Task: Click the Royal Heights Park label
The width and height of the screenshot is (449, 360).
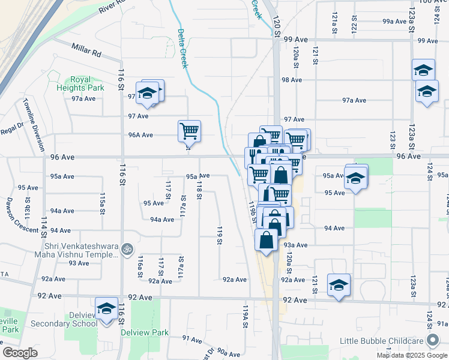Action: pyautogui.click(x=88, y=83)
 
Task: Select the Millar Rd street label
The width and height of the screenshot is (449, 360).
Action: pyautogui.click(x=86, y=50)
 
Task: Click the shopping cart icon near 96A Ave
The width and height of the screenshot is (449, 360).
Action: pyautogui.click(x=189, y=130)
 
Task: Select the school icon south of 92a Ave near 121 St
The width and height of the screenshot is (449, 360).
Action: pyautogui.click(x=339, y=284)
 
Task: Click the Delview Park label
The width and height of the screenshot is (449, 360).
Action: pyautogui.click(x=145, y=332)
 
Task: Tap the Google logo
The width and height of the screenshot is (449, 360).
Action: pyautogui.click(x=20, y=353)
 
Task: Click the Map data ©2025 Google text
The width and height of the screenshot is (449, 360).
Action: pyautogui.click(x=412, y=355)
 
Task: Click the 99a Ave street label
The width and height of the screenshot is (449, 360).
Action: pyautogui.click(x=394, y=22)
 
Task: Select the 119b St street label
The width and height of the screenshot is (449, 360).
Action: pyautogui.click(x=253, y=212)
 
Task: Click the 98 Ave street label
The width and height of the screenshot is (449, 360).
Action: pyautogui.click(x=291, y=80)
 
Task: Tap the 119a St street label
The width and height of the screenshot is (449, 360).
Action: pyautogui.click(x=246, y=316)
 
